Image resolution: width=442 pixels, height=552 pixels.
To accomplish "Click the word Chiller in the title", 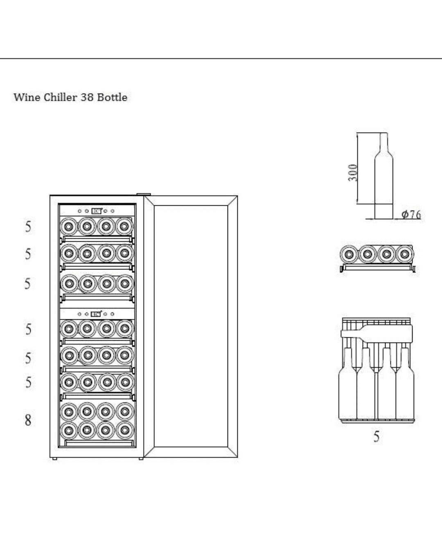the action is tap(60, 97).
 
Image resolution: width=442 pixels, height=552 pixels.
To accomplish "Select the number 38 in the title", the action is tap(87, 97).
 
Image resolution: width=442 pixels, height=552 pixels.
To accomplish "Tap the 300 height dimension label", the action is tap(353, 173).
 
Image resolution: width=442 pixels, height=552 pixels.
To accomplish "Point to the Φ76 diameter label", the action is tap(411, 214).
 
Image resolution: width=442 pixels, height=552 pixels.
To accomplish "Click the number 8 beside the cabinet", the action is tap(28, 420).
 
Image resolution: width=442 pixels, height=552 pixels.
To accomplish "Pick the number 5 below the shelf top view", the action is tap(376, 436).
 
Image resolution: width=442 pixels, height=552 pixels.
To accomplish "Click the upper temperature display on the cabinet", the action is tap(96, 211).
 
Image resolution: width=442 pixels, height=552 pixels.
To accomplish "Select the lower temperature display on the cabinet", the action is tap(96, 314).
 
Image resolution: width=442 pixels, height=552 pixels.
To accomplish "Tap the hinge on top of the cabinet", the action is tap(144, 195).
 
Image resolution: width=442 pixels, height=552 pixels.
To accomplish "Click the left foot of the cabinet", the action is tap(54, 458).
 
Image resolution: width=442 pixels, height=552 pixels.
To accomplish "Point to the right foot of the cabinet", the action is tap(141, 458).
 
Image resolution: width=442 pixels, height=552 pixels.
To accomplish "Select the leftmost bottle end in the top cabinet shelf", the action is tap(69, 227).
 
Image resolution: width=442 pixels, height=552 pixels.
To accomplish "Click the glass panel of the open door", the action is tap(191, 326).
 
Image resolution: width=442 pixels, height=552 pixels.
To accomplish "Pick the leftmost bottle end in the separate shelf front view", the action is tap(349, 254).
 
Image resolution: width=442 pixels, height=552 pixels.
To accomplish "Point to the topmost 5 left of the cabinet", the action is tap(28, 227).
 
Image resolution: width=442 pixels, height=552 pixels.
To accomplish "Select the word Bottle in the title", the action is tap(112, 97).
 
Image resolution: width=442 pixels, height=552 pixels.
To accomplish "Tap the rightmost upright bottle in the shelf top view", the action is tap(405, 383).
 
